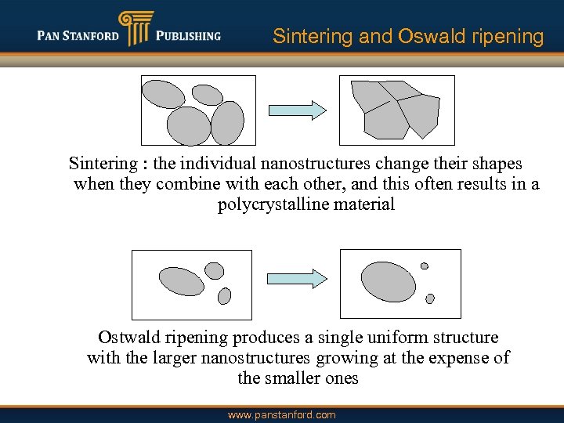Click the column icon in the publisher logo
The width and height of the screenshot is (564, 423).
(x=133, y=29)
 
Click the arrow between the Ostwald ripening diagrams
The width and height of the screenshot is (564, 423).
(x=297, y=278)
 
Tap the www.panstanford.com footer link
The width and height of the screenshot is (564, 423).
(x=281, y=414)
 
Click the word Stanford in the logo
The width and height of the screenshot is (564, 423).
(x=92, y=35)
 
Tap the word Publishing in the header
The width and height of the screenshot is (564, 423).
(x=188, y=35)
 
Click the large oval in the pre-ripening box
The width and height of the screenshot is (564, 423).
(x=181, y=280)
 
